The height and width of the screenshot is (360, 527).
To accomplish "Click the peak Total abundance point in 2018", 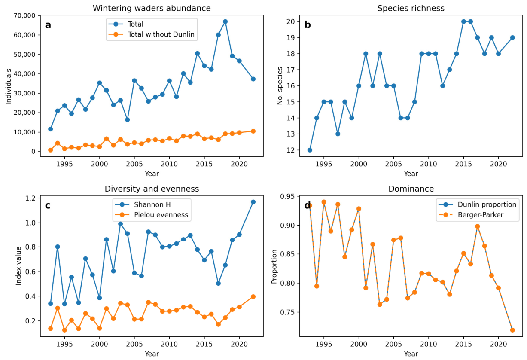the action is [225, 21].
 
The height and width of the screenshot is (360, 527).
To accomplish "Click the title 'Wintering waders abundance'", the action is [152, 8].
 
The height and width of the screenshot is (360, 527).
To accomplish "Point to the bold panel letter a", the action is [48, 25].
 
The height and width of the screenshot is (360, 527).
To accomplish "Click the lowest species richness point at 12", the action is [310, 150].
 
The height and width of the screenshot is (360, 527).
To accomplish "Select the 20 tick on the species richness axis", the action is [291, 21].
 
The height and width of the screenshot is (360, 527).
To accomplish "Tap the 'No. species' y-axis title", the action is [280, 86].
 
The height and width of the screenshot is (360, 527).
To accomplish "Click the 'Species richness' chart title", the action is [411, 8].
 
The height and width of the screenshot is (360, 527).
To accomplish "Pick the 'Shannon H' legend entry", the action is [152, 205].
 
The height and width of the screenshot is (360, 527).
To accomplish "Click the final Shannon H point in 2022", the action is [253, 202].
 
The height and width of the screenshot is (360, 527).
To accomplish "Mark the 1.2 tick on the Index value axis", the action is [30, 198].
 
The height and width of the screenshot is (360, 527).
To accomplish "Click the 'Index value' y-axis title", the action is [18, 266].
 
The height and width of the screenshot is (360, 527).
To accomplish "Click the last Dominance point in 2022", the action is [512, 330].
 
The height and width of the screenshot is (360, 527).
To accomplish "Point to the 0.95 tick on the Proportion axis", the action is [287, 196].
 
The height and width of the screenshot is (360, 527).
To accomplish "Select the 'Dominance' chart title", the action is [411, 189].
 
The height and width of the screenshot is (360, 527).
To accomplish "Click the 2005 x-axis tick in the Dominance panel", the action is [393, 344].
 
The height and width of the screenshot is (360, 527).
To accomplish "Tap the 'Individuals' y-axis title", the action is [9, 86].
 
